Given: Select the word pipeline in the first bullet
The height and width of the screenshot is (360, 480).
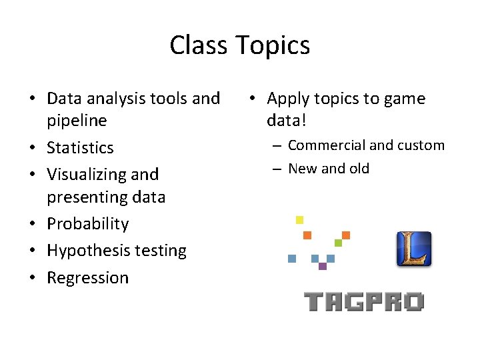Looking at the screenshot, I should (77, 121).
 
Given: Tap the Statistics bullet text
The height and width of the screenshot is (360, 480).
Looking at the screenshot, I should (80, 147).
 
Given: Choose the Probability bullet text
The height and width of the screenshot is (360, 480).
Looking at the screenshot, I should (87, 224).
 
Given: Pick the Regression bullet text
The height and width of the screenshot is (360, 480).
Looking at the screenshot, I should (87, 277).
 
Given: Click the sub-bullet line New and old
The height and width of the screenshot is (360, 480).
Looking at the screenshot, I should (328, 169).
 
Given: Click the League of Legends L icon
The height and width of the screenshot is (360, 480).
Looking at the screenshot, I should (414, 249).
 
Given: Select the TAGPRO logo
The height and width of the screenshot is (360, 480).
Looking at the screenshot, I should (364, 302).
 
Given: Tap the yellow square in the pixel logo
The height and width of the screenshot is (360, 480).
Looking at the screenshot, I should (299, 220).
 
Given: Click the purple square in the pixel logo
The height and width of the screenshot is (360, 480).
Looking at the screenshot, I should (323, 266).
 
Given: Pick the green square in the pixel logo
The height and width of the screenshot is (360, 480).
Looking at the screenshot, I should (338, 243).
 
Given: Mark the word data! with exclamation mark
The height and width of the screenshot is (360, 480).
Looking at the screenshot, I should (287, 121).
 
